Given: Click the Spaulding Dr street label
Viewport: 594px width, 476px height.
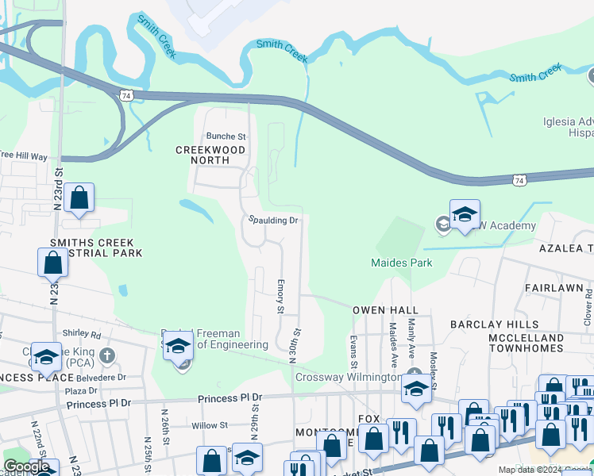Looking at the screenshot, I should (272, 220).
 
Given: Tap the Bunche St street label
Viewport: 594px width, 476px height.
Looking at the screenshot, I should (226, 136).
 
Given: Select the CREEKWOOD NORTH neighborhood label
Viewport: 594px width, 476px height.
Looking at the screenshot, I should (210, 155).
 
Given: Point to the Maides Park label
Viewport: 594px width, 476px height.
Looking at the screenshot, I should (401, 263).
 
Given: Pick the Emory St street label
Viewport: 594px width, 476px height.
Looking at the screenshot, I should (280, 294).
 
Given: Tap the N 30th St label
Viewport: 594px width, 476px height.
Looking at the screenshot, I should (293, 346).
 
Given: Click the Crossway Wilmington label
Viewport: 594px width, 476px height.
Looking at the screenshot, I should (348, 378).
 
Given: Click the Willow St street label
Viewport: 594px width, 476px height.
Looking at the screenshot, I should (210, 426).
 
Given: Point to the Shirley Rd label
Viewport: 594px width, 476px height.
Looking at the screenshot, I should (84, 335).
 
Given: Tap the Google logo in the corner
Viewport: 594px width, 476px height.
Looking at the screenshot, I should (26, 466).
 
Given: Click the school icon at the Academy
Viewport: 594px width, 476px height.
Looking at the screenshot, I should (465, 214).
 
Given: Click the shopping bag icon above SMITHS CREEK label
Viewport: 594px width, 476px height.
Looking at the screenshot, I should (52, 263).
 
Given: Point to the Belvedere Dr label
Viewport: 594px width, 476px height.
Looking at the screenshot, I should (98, 378).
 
